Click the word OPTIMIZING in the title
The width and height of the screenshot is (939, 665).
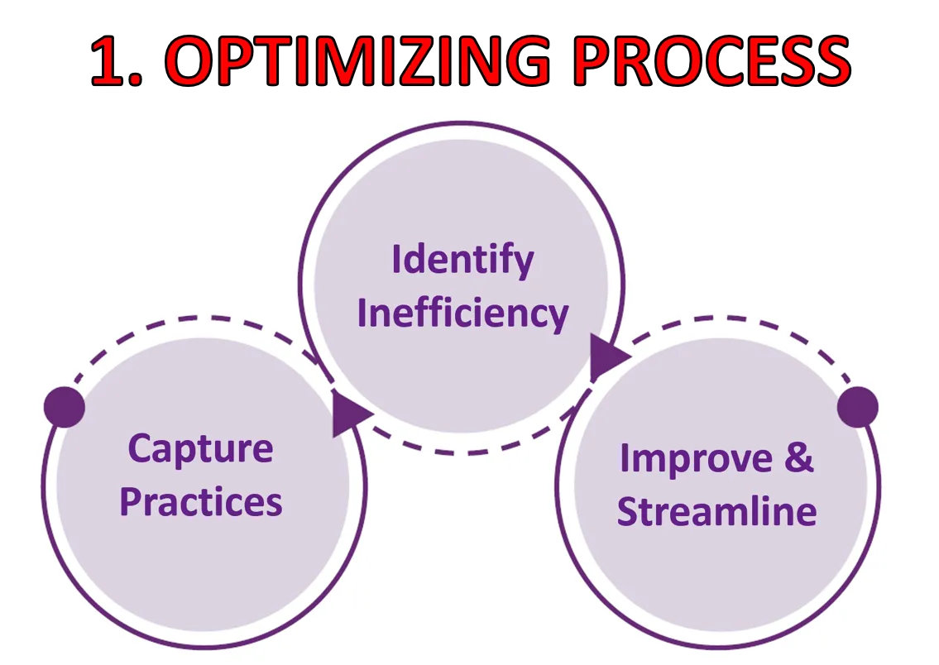click(357, 60)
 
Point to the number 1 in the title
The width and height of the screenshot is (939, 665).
click(110, 60)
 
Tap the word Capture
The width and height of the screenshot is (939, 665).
click(200, 449)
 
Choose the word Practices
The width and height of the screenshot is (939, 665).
click(200, 501)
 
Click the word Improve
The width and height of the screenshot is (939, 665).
click(696, 460)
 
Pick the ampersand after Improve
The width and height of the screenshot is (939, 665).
click(799, 457)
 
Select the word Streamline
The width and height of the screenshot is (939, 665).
click(716, 512)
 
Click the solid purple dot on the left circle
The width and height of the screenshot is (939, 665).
click(65, 407)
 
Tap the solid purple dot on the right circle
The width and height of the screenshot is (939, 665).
click(858, 407)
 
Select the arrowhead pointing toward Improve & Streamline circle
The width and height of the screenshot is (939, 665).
click(608, 358)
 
